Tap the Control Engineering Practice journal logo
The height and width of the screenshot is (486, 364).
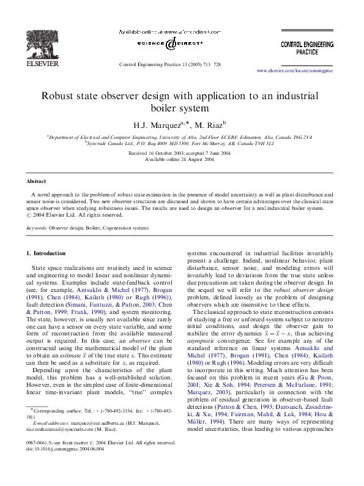point(307,48)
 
